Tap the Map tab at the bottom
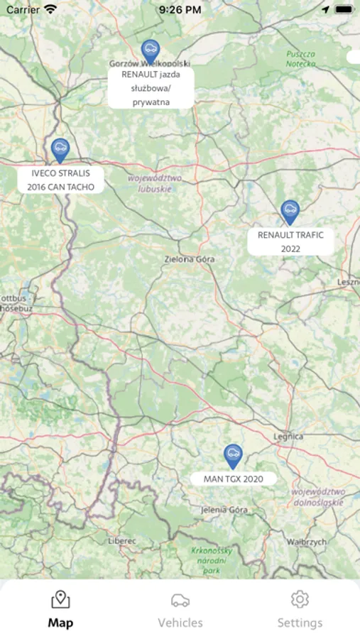[60, 609]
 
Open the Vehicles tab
[180, 609]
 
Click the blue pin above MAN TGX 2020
[233, 455]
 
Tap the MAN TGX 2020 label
[234, 479]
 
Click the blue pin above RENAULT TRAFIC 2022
[289, 211]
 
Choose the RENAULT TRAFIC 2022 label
[290, 241]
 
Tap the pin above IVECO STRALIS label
[60, 149]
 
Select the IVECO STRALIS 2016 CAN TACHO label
[61, 180]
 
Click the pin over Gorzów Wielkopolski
[150, 50]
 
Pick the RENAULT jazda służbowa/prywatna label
[151, 88]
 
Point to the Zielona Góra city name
[189, 259]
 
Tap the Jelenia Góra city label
[224, 510]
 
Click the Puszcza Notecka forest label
[301, 59]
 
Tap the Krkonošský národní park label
[212, 560]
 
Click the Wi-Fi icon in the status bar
[50, 10]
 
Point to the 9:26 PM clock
[180, 10]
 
